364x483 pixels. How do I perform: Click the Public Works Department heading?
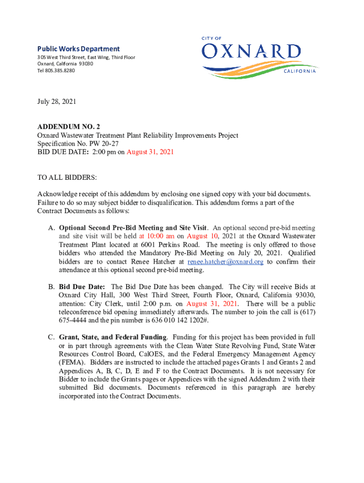78,49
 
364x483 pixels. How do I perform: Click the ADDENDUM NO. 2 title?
69,127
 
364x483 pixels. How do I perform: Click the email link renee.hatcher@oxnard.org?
225,262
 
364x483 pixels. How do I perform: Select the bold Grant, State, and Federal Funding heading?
113,337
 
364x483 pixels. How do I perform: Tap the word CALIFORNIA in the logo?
300,71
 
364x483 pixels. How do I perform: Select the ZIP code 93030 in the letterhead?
87,64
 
